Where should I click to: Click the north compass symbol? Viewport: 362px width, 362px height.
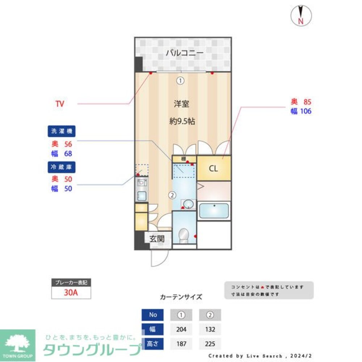[300, 16]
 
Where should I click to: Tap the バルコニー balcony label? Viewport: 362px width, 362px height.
[185, 53]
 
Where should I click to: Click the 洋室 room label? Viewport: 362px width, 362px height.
[181, 104]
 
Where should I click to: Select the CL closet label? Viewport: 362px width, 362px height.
[214, 169]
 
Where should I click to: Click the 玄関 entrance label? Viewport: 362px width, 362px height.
[157, 239]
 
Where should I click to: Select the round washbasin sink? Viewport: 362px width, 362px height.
[188, 205]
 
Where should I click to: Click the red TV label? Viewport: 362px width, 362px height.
[59, 104]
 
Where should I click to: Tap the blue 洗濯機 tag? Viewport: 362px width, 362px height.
[58, 131]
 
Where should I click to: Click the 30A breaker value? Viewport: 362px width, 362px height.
[71, 293]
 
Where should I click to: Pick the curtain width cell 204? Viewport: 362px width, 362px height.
[181, 329]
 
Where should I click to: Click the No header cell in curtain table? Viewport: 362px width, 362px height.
[153, 315]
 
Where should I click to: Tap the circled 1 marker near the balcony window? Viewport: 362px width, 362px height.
[180, 81]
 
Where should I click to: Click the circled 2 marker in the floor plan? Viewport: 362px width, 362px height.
[173, 195]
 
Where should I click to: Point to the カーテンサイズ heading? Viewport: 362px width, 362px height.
[181, 297]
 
